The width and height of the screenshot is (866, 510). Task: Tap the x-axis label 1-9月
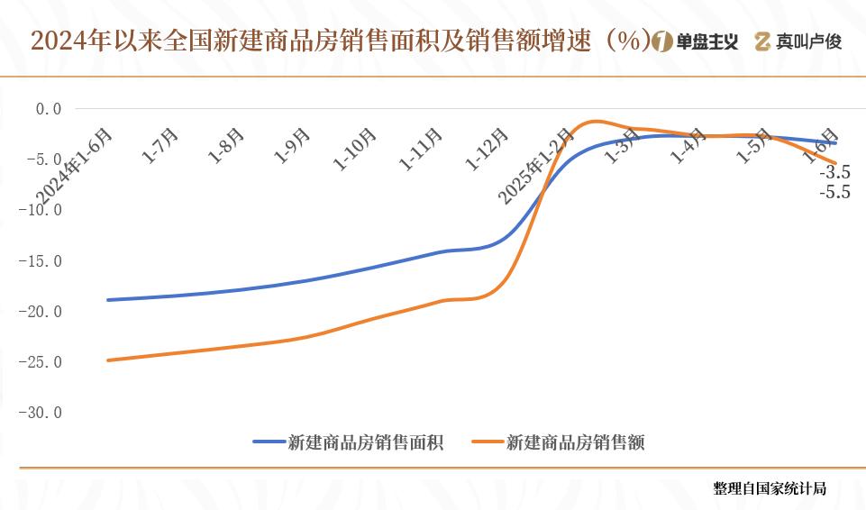(x=292, y=145)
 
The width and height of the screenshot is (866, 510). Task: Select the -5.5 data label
(x=834, y=192)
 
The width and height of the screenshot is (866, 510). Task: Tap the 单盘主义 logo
(x=695, y=41)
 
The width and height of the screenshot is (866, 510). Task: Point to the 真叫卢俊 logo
(x=798, y=41)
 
